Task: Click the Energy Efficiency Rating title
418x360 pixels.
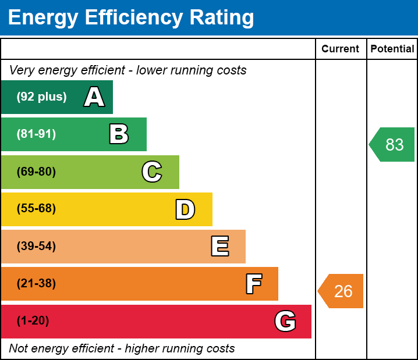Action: click(131, 18)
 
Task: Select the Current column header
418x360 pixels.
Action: click(341, 49)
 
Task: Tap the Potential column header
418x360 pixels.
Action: click(392, 49)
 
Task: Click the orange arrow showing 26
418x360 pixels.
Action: click(341, 291)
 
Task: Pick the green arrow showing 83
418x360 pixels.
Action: click(392, 144)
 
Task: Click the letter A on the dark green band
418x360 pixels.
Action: click(94, 97)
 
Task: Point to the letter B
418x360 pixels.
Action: click(119, 134)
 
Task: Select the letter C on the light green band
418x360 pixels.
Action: click(152, 172)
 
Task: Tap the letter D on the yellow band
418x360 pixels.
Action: click(185, 209)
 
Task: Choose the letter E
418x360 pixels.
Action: click(219, 247)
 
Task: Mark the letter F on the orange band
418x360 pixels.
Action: click(253, 284)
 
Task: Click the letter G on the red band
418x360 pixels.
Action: click(285, 321)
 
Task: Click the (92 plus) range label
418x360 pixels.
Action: click(41, 97)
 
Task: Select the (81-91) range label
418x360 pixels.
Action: click(36, 134)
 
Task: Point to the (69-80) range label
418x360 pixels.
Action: click(36, 172)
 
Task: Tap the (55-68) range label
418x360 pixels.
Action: click(36, 209)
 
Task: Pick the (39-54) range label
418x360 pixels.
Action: click(36, 247)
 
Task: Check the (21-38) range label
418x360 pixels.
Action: click(36, 284)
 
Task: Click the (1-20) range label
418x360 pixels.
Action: click(33, 321)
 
